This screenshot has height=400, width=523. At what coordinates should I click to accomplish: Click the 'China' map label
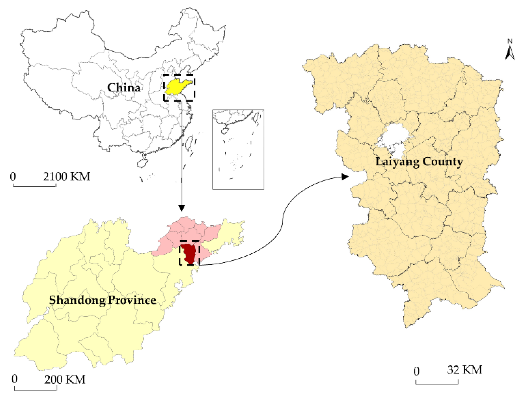point(124,87)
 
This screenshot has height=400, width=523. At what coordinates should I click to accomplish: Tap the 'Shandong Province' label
point(102,300)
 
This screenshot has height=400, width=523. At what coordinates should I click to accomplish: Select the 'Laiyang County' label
point(419,162)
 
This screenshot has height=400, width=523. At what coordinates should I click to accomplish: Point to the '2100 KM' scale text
point(66,177)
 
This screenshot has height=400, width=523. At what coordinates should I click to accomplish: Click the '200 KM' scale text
point(65,379)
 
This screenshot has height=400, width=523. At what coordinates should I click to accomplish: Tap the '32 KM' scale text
point(465,370)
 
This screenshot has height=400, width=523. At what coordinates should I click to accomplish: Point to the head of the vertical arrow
point(182,208)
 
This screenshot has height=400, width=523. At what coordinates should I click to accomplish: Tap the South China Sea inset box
point(238,149)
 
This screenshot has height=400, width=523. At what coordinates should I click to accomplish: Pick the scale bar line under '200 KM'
point(36,389)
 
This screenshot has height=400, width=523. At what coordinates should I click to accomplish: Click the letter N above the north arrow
point(510,41)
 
